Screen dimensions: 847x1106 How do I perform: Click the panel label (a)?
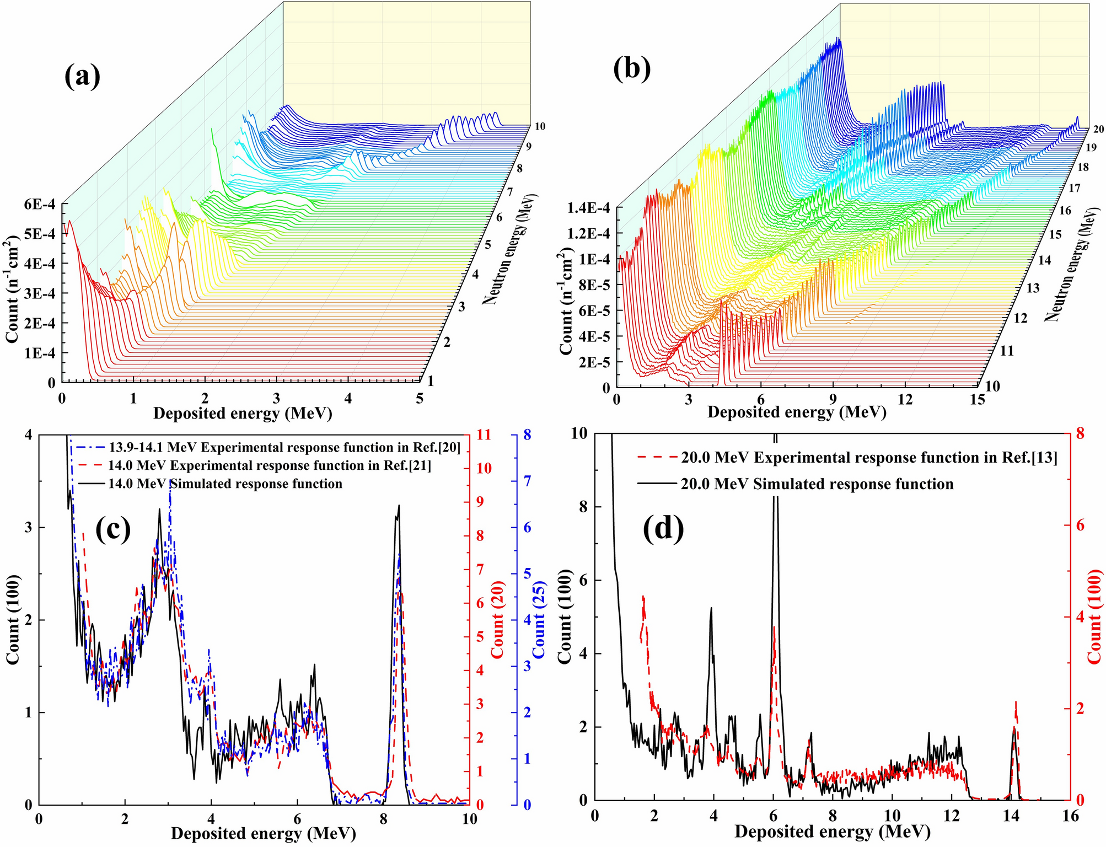tap(83, 76)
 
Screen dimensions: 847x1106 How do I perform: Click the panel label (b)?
tap(632, 68)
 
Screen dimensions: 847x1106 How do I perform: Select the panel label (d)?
tap(663, 528)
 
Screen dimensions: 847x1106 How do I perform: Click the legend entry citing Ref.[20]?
tap(283, 447)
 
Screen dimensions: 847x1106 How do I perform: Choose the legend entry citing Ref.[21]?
tap(269, 465)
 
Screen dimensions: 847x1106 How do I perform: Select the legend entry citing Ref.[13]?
tap(869, 458)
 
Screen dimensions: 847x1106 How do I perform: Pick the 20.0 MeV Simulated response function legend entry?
tap(817, 484)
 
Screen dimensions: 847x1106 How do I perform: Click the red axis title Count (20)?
tap(498, 619)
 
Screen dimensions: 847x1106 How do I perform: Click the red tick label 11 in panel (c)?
tap(483, 435)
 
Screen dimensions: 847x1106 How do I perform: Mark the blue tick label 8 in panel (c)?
tap(527, 435)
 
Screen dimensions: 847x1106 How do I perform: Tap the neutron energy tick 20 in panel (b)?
tap(1098, 129)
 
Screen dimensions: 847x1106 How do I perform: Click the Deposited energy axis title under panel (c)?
tap(263, 833)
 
